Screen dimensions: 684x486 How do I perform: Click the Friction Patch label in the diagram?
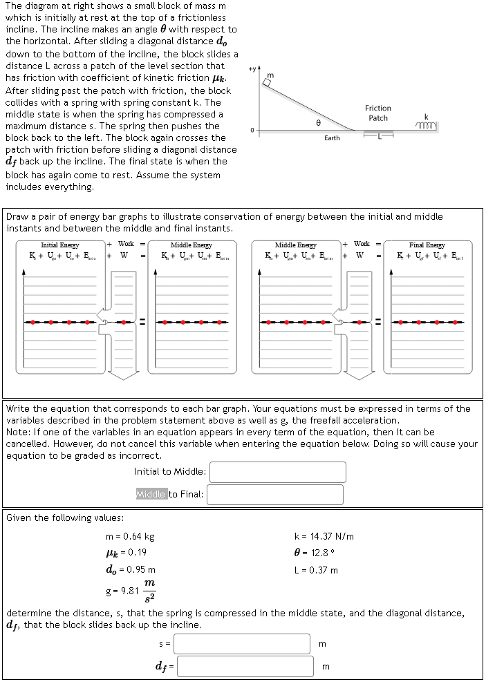tap(378, 113)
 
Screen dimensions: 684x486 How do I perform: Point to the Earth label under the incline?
tap(332, 138)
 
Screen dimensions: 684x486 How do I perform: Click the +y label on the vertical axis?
tap(251, 68)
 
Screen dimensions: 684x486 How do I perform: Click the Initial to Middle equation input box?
tap(277, 472)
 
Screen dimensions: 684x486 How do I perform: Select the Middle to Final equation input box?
tap(274, 494)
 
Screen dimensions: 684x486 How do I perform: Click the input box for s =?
tap(241, 643)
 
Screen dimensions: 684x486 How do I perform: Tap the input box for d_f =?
tap(245, 666)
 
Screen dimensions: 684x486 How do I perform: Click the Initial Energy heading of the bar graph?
tap(60, 245)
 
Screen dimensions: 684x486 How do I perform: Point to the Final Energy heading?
tap(427, 245)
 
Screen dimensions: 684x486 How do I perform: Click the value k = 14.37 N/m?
tap(324, 536)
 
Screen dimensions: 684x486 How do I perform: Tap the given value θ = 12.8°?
tap(315, 553)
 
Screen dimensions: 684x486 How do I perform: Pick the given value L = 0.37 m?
tap(316, 570)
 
